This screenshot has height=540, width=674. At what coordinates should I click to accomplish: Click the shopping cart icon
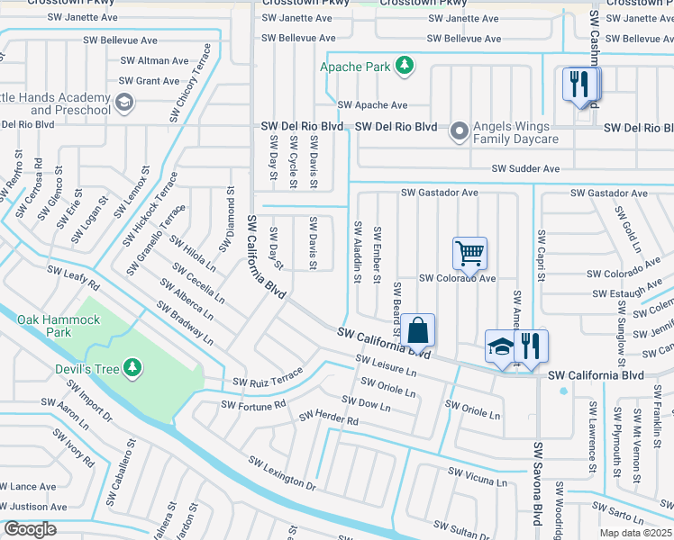469,254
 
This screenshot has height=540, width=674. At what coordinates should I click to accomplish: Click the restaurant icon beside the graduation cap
532,346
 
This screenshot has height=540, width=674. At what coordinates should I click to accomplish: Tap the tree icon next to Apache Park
405,65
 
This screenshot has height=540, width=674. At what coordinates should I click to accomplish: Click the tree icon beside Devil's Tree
132,366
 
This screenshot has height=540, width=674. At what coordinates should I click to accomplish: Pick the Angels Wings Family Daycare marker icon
460,131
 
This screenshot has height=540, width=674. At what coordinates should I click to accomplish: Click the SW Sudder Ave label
525,168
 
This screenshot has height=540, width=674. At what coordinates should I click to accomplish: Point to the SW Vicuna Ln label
478,476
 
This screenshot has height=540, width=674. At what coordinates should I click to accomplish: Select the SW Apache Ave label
372,105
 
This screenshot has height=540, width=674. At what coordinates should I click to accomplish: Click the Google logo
29,529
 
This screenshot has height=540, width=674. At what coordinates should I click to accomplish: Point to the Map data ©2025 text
634,533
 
